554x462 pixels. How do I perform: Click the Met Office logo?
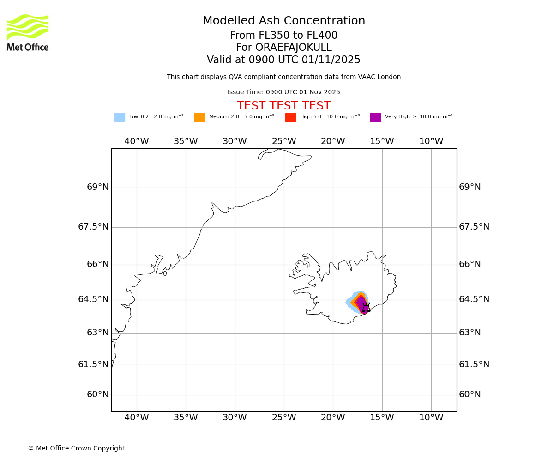[28, 32]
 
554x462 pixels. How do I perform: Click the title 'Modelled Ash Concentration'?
[283, 21]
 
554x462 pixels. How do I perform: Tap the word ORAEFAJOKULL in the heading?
[283, 48]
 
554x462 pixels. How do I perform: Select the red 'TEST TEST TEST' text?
[283, 106]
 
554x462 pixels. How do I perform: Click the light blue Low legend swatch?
[120, 117]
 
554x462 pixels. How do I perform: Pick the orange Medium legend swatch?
[199, 117]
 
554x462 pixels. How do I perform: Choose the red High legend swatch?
[290, 117]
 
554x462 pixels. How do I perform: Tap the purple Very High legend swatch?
[375, 117]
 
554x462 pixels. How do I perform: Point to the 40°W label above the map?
[137, 141]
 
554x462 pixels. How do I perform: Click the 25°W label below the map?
[284, 418]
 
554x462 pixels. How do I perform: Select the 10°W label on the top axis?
[431, 141]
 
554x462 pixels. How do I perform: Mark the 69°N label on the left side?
[98, 187]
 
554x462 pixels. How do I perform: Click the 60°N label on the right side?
[470, 395]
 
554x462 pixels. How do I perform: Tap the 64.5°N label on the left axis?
[93, 299]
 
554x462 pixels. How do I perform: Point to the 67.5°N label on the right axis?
[474, 227]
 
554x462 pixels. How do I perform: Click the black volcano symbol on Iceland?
[366, 308]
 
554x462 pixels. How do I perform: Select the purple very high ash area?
[360, 304]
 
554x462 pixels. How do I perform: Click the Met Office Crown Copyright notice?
[76, 449]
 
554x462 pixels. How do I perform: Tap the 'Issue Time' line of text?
[283, 92]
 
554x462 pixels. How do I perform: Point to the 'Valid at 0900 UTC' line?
[283, 60]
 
